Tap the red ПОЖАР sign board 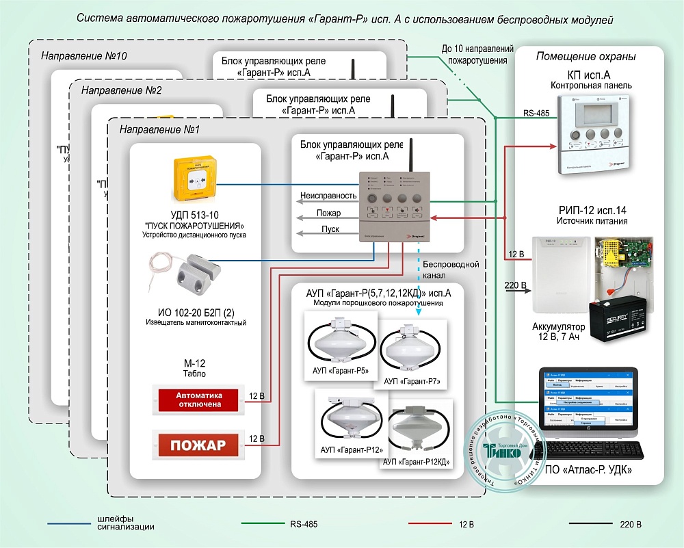tap(198, 445)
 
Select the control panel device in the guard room tap(591, 133)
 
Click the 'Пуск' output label tap(330, 229)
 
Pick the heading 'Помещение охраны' tap(586, 56)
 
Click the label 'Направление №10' tap(83, 55)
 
